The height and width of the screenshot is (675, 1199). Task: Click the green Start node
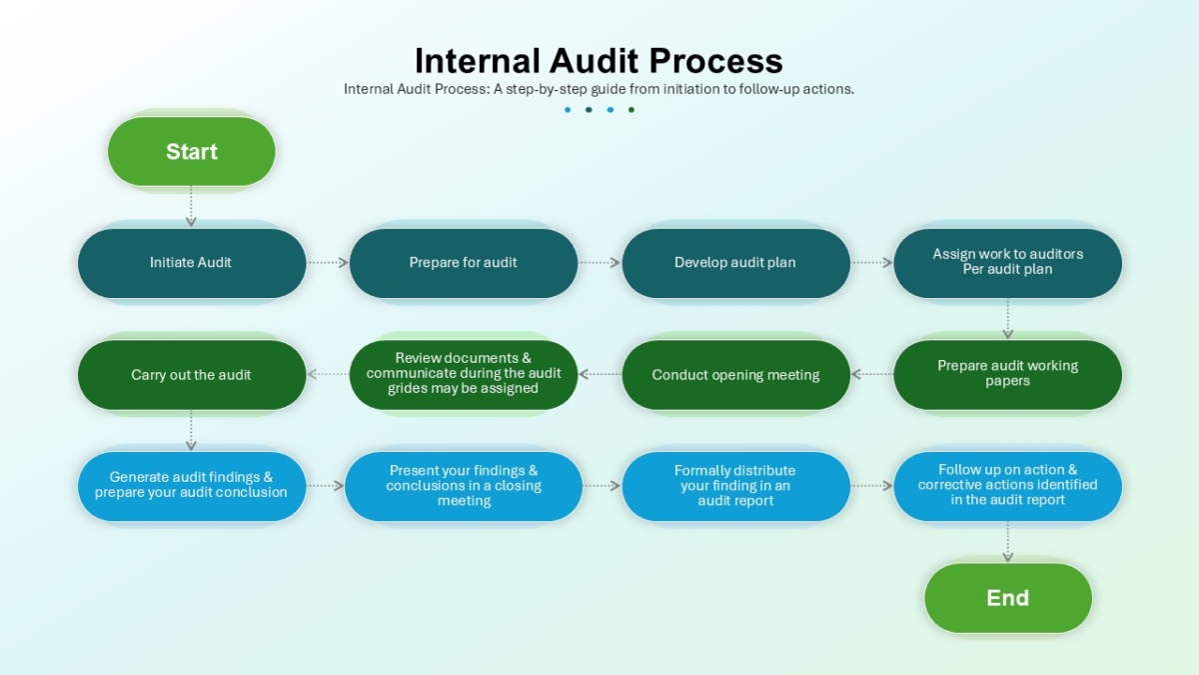192,152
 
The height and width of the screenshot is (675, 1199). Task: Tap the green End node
1008,598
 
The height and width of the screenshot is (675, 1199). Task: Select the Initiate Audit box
192,263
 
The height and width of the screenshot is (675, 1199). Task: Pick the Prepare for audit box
464,263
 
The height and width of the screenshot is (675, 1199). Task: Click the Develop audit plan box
735,263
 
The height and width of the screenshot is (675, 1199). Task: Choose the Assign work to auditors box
1008,263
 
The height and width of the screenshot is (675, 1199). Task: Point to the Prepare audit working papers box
1008,374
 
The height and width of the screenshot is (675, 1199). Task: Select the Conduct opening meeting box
735,374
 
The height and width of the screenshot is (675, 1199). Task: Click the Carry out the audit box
192,374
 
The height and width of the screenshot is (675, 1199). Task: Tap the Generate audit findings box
192,486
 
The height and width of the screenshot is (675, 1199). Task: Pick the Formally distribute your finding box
735,486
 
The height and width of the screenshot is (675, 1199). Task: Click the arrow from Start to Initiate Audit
191,206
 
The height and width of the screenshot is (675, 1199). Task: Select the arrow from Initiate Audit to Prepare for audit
328,262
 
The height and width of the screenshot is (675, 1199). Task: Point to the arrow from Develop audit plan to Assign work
872,262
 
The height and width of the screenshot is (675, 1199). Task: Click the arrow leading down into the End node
1008,542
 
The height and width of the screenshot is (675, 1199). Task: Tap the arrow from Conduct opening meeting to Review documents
600,374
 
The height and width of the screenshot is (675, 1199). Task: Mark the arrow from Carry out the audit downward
191,430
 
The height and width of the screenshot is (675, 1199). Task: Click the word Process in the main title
716,61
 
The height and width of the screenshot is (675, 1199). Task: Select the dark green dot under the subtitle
631,110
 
